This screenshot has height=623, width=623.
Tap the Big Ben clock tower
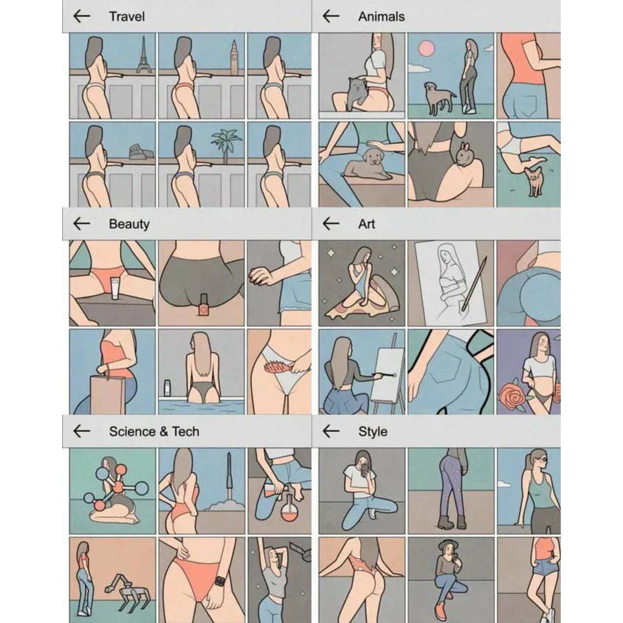pyautogui.click(x=234, y=58)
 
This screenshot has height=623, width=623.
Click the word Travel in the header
pyautogui.click(x=127, y=17)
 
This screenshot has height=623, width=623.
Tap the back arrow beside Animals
pyautogui.click(x=331, y=16)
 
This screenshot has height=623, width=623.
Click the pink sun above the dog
pyautogui.click(x=426, y=48)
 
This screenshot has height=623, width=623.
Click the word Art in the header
pyautogui.click(x=366, y=223)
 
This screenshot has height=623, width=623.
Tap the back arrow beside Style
pyautogui.click(x=331, y=431)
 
